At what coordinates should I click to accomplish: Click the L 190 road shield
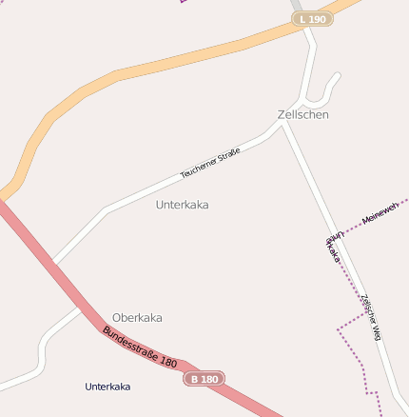point(312,19)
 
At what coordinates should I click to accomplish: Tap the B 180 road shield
point(204,379)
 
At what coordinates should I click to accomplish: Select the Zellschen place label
point(303,114)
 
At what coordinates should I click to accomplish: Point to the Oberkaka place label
point(137,317)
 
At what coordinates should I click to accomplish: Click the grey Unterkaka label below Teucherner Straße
point(182,205)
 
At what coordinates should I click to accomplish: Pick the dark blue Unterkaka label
point(107,387)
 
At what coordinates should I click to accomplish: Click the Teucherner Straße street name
point(210,163)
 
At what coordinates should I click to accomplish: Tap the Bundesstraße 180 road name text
point(140,348)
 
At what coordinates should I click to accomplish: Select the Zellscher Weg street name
point(371,317)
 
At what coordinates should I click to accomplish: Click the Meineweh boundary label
point(380,213)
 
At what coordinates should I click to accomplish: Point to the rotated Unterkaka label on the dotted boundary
point(333,247)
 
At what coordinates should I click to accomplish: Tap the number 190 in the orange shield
point(318,19)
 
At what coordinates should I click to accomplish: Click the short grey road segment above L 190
point(296,5)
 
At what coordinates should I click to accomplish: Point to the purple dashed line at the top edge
point(184,2)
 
